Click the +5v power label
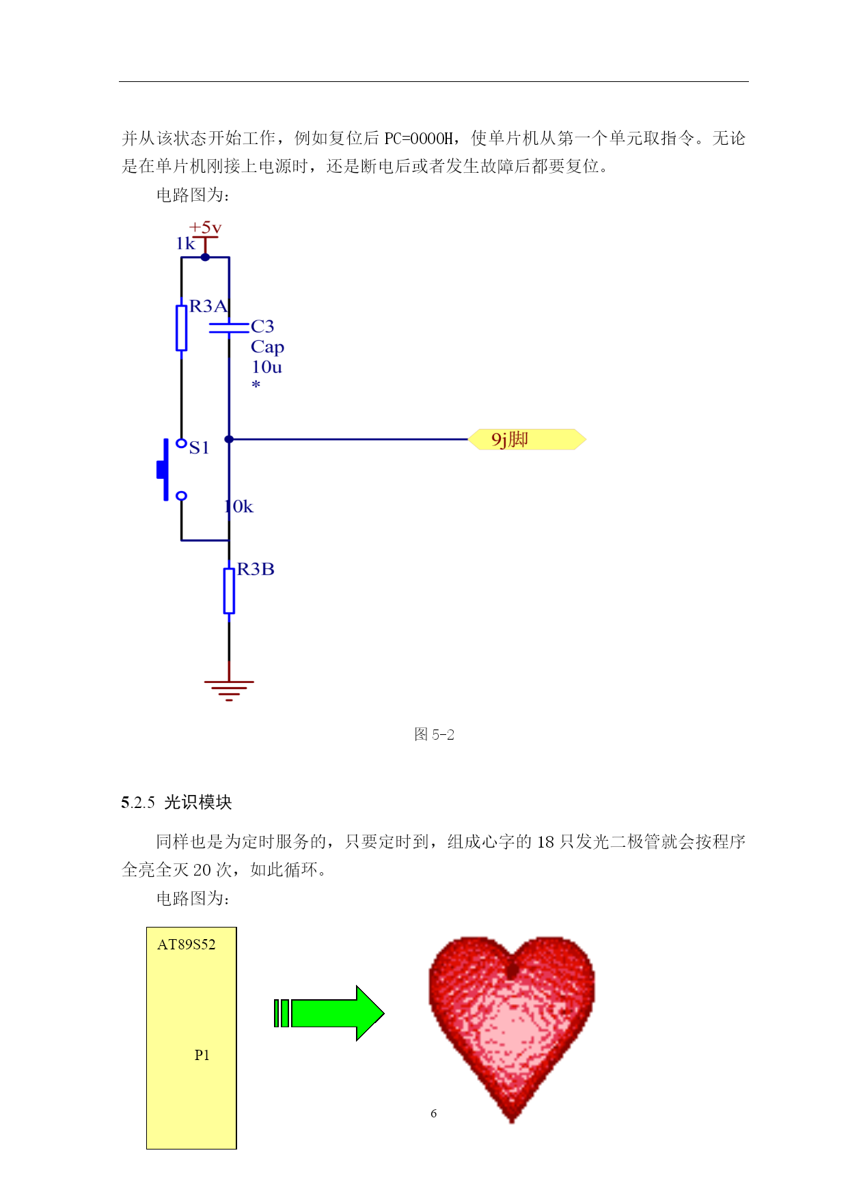coord(205,227)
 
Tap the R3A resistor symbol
coord(181,328)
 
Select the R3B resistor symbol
coord(229,591)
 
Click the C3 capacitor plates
coord(229,329)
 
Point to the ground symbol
coord(229,691)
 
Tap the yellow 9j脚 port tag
coord(527,439)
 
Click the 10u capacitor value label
coord(266,367)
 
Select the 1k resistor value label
coord(185,244)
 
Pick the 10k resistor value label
coord(239,507)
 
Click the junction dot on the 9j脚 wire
coord(229,439)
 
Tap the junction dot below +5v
coord(205,257)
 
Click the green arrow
coord(329,1013)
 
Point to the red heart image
coord(511,1029)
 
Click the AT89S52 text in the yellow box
coord(187,945)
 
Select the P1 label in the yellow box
coord(202,1055)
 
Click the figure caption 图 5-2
coord(434,734)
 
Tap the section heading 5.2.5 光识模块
coord(176,802)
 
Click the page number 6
coord(433,1113)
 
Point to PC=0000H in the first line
coord(418,139)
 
